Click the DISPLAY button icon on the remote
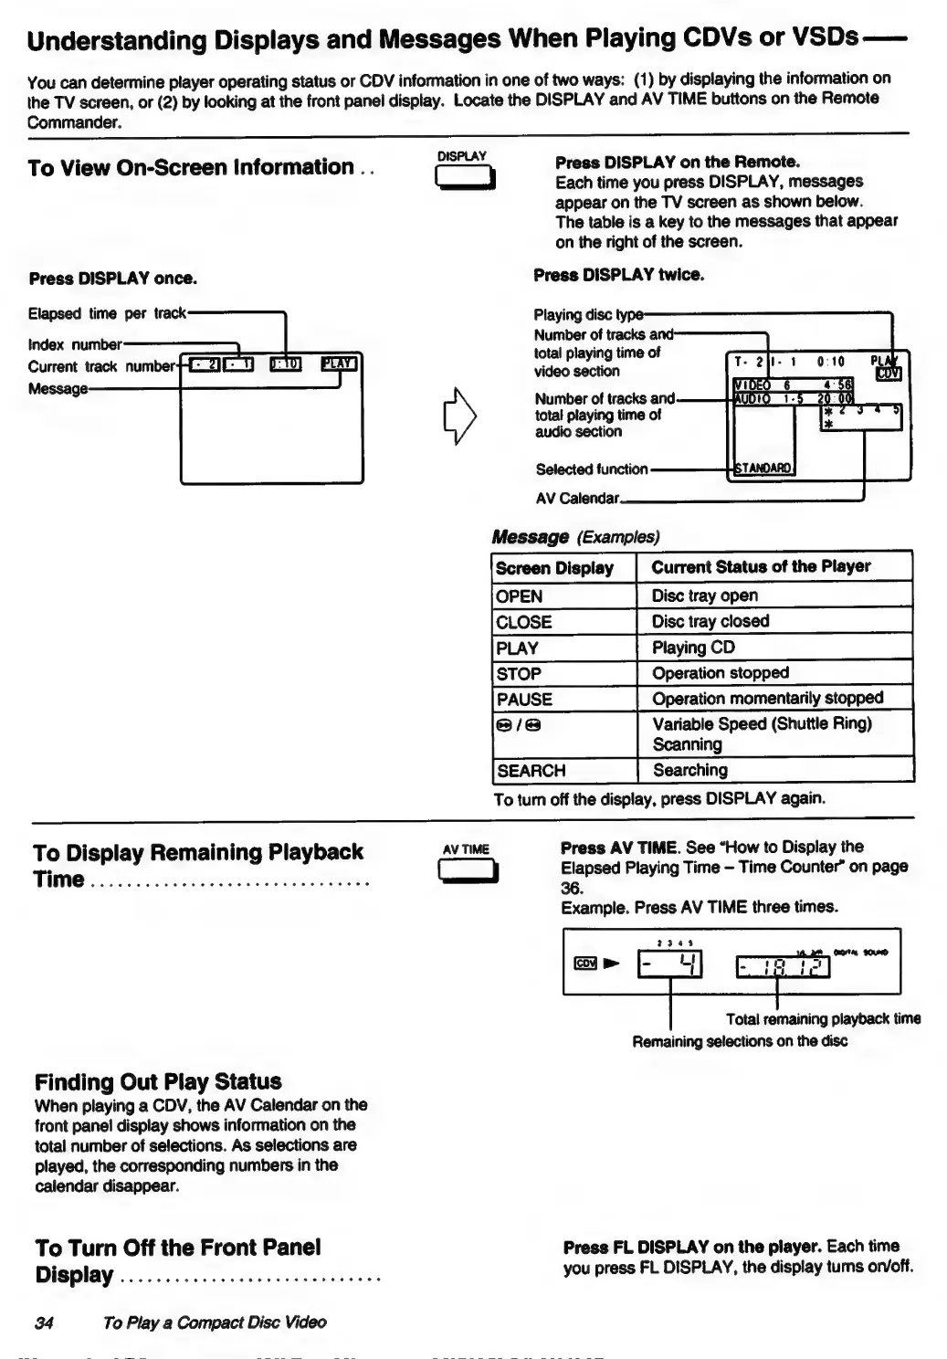click(x=465, y=178)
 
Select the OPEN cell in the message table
click(x=519, y=596)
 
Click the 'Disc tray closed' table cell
click(x=710, y=621)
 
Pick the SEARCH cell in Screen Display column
click(x=531, y=770)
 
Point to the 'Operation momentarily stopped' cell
click(x=767, y=699)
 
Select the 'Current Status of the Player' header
click(x=761, y=566)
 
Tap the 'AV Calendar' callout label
click(x=577, y=499)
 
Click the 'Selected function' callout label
click(x=592, y=469)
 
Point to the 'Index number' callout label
click(x=75, y=345)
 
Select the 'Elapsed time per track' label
click(x=107, y=313)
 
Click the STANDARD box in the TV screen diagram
click(x=764, y=469)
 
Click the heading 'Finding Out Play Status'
click(x=158, y=1082)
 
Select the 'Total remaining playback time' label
click(x=823, y=1018)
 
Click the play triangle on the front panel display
click(x=611, y=963)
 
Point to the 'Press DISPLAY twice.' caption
click(x=618, y=274)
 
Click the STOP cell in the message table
click(x=519, y=674)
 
